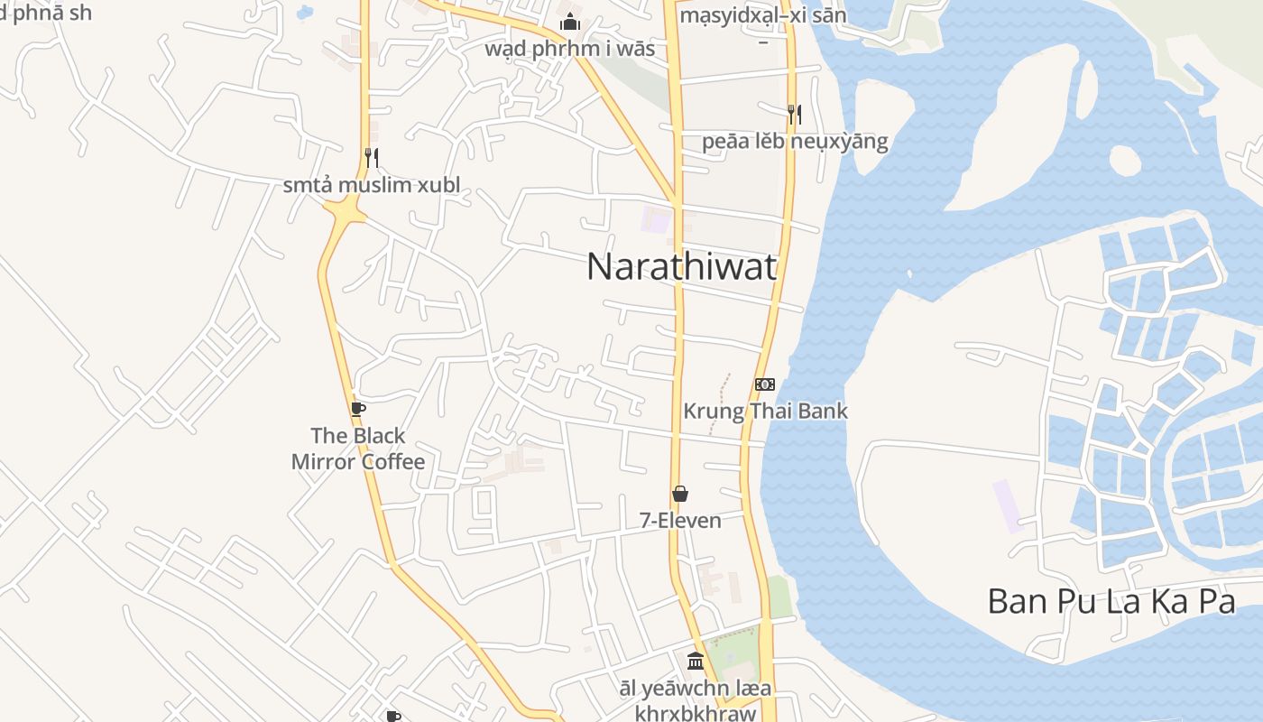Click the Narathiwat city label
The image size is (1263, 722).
coord(681,267)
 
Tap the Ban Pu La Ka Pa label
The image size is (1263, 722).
coord(1111,601)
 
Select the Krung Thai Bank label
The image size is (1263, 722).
coord(765,412)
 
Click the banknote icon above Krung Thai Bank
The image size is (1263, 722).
coord(764,384)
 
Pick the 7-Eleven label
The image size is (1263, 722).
coord(680,521)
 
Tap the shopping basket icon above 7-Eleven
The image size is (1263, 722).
coord(680,494)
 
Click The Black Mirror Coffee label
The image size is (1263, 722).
coord(358,449)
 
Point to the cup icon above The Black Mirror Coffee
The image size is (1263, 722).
coord(358,409)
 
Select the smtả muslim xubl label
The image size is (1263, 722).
coord(372,186)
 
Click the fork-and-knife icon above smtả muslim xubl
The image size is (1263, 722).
coord(371,158)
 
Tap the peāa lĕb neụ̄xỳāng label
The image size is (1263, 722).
coord(795,142)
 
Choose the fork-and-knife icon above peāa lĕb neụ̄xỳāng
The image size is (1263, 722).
coord(794,114)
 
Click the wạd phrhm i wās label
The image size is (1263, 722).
coord(570,48)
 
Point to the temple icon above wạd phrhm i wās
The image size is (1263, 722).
coord(570,22)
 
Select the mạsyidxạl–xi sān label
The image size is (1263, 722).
coord(762,16)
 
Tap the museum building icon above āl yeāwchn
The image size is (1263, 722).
coord(695,661)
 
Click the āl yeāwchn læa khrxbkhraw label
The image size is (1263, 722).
coord(695,701)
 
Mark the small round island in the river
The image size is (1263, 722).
coord(1125,161)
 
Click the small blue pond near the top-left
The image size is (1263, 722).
coord(305,13)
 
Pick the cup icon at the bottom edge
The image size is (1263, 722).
coord(393,717)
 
